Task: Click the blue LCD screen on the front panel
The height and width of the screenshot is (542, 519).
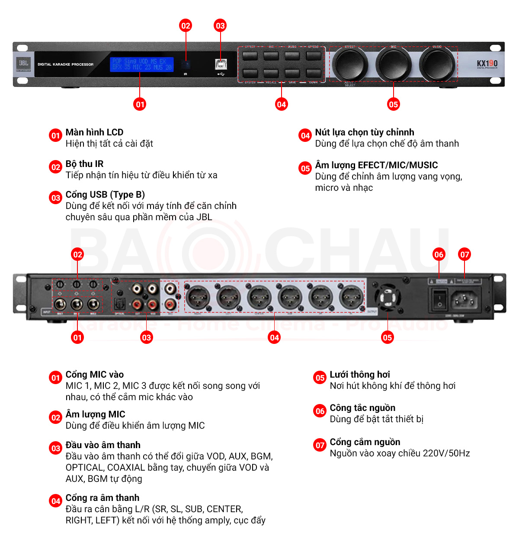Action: point(141,64)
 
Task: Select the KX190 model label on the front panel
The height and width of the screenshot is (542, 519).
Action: point(487,64)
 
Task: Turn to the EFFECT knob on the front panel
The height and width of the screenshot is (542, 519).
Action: point(350,64)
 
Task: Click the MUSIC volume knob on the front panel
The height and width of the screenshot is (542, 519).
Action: point(437,64)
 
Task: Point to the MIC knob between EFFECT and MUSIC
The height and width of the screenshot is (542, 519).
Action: point(393,64)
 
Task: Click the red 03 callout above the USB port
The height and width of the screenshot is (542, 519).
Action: point(220,26)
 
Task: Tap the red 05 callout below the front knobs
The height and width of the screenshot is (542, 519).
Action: point(393,104)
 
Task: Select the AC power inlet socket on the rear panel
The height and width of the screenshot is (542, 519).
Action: point(465,299)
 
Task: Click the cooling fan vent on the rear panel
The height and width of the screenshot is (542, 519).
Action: point(388,298)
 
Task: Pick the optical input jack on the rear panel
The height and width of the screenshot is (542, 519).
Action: point(119,305)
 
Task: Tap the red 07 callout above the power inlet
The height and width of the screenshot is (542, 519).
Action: point(465,254)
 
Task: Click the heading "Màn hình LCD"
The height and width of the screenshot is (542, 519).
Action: point(94,132)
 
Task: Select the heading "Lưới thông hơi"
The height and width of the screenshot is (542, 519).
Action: point(359,375)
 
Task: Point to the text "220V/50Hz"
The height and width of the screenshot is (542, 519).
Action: point(446,453)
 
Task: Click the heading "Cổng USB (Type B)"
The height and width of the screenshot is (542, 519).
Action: point(105,195)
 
